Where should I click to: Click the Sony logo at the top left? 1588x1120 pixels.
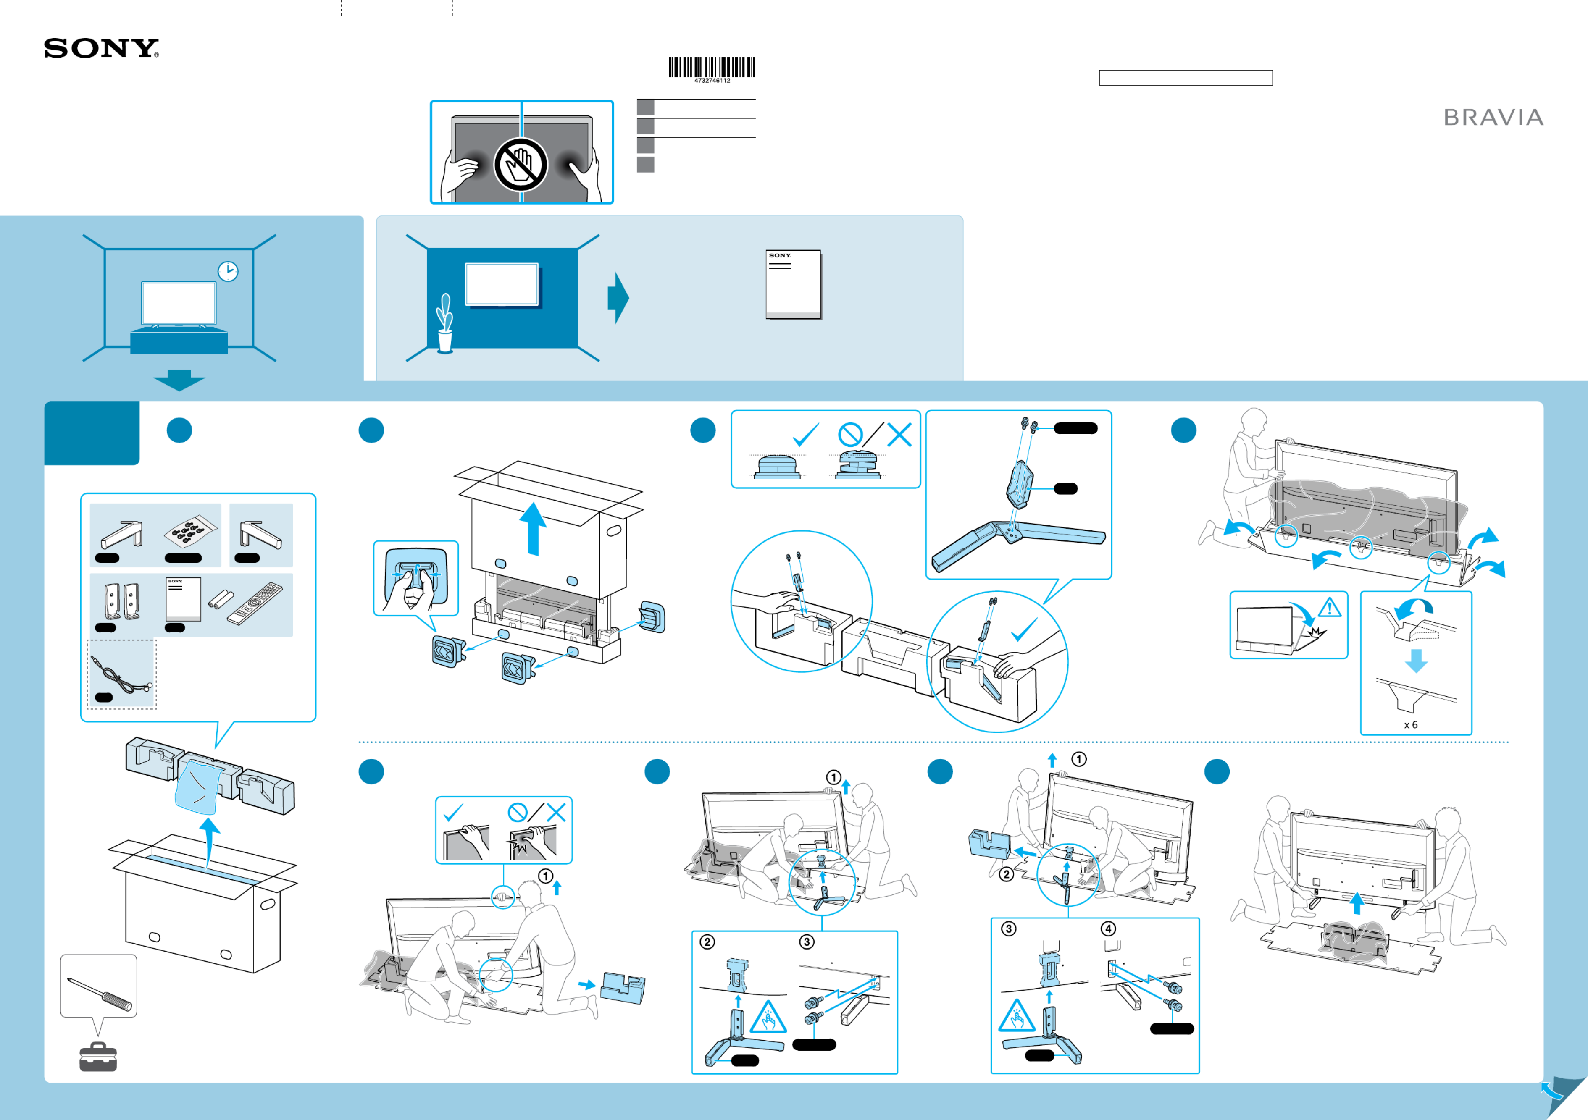pos(101,48)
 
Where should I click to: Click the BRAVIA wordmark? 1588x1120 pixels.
pos(1493,118)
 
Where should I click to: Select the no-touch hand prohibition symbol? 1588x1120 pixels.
pos(520,165)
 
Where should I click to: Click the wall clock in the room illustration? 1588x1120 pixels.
pos(228,271)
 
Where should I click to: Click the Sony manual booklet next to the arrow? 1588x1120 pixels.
pos(793,284)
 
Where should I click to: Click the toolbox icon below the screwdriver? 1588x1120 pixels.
pos(98,1057)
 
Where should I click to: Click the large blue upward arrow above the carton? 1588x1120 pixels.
pos(533,529)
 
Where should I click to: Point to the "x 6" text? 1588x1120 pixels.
pos(1410,724)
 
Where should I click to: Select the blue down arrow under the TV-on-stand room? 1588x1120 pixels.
pos(179,380)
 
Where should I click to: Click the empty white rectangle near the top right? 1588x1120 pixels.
pos(1186,77)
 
